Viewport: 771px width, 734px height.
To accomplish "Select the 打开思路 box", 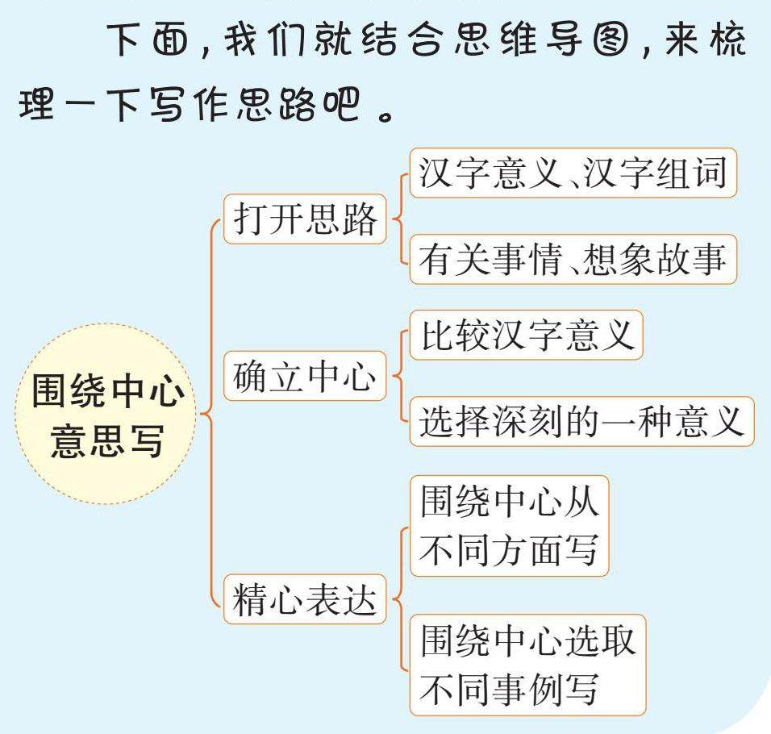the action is coord(305,219).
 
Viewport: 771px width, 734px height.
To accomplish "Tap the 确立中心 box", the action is coord(305,377).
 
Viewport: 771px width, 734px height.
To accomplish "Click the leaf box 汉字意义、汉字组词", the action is coord(573,173).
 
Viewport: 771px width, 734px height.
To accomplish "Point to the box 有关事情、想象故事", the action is coord(573,260).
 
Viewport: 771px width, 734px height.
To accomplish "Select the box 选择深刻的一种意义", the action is coord(581,421).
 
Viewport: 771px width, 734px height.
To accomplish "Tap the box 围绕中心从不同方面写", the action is coord(509,526).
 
